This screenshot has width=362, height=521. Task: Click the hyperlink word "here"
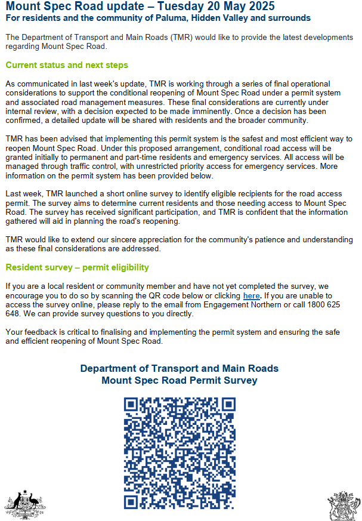[251, 295]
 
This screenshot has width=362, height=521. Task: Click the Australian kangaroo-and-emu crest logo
[25, 504]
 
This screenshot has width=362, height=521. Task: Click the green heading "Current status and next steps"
[66, 65]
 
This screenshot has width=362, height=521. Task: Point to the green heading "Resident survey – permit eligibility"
[77, 267]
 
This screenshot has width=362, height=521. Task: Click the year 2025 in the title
[260, 7]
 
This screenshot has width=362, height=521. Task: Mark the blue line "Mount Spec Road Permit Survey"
[180, 380]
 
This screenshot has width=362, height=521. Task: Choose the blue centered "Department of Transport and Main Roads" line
[180, 368]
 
